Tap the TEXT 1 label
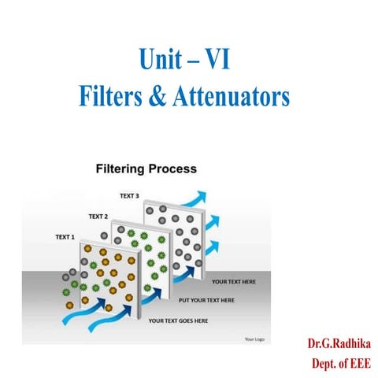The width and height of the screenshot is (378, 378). coord(65,236)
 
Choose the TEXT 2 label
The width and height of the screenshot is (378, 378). coord(98,216)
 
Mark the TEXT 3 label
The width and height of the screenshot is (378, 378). coord(129,195)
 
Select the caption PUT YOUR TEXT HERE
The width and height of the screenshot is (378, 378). coord(207,300)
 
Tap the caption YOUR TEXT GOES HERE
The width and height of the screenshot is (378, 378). coord(179,321)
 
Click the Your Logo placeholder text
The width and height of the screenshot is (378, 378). coord(254,339)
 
